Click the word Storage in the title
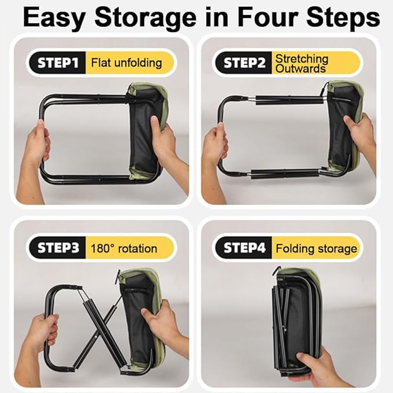(x=145, y=18)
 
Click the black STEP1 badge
(x=57, y=63)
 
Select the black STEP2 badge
(x=244, y=63)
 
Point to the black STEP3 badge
(x=57, y=248)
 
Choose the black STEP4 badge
(x=244, y=248)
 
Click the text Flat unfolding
(x=126, y=63)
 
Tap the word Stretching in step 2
(x=302, y=58)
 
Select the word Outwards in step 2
(x=300, y=68)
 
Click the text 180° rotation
(x=124, y=249)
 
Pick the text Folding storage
(x=316, y=249)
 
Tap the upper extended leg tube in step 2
(x=289, y=100)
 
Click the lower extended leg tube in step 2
(x=285, y=174)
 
